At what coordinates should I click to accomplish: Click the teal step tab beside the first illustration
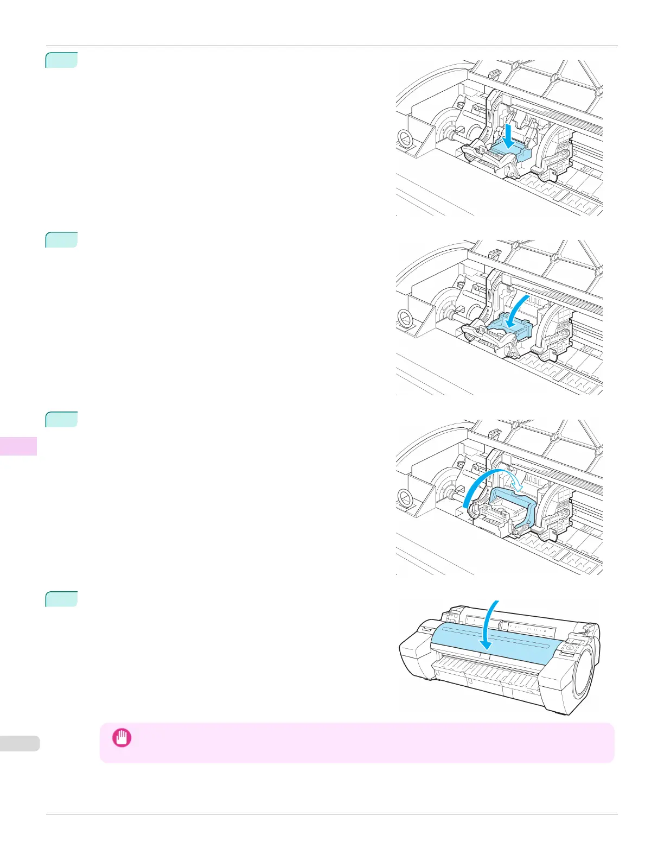pos(61,60)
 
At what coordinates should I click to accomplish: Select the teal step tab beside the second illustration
pos(61,239)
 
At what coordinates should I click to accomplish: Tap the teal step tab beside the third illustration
pos(61,419)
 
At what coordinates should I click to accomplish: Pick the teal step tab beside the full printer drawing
pos(61,599)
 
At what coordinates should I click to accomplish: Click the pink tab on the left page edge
pos(18,446)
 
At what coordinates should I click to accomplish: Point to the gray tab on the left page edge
pos(20,743)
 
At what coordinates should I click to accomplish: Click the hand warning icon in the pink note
pos(121,738)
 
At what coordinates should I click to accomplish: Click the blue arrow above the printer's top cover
pos(490,624)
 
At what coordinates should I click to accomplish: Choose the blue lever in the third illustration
pos(513,505)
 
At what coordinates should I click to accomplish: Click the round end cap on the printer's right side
pos(586,673)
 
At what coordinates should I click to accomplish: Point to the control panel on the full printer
pos(572,649)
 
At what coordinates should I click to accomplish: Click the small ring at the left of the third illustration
pos(405,496)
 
